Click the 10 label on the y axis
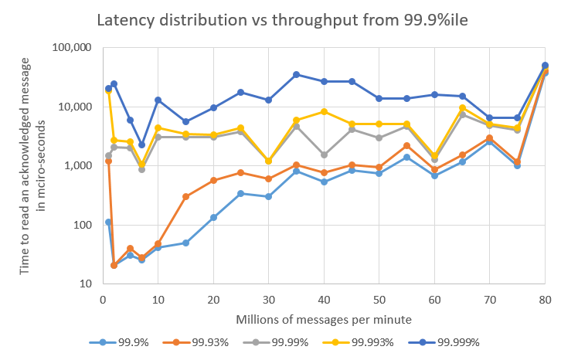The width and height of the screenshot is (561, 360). click(x=86, y=284)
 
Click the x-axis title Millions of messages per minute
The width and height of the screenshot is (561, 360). click(x=325, y=318)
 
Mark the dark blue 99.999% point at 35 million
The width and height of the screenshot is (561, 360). click(x=297, y=74)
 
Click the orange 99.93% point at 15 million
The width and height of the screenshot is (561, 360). click(x=186, y=196)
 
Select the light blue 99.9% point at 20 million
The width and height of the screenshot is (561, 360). click(x=213, y=217)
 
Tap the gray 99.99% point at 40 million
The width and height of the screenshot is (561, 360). click(x=325, y=155)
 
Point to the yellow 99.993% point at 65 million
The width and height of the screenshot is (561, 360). click(x=462, y=107)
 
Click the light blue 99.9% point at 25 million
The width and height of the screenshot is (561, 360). click(x=241, y=193)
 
